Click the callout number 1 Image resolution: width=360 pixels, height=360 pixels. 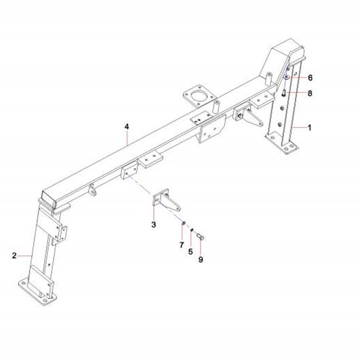[x=309, y=128]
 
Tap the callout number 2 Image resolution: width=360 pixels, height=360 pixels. [x=14, y=256]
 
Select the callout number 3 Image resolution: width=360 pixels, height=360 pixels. [x=153, y=224]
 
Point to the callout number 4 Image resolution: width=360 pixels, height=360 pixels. [x=127, y=126]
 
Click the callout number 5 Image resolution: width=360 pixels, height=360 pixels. [x=191, y=252]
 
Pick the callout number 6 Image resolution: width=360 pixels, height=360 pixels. [x=310, y=78]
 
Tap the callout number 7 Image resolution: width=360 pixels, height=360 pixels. [x=181, y=245]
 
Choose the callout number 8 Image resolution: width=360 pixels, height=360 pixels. [x=310, y=93]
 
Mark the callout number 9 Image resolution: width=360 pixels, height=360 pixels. [x=201, y=259]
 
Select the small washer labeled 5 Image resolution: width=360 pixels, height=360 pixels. [x=192, y=230]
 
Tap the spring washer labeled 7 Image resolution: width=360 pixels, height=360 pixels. [x=184, y=223]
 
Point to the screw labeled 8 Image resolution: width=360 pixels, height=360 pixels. [x=284, y=93]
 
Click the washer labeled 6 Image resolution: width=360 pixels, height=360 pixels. [x=286, y=77]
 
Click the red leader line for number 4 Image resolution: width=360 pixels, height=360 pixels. [x=127, y=138]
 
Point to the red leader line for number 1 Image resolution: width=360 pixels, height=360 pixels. [x=299, y=128]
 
